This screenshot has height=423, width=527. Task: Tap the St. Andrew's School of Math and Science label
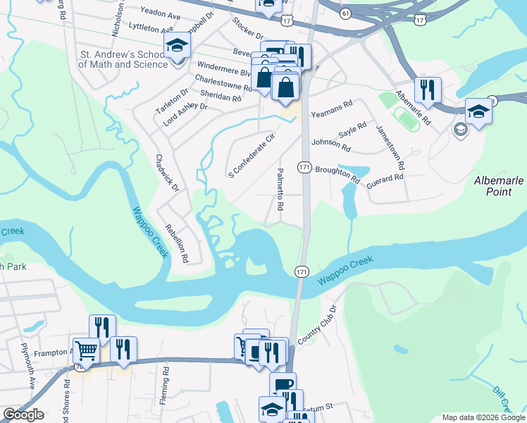pos(123,59)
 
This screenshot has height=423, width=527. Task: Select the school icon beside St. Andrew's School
pos(178,47)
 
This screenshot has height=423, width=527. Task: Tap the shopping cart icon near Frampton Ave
pos(86,350)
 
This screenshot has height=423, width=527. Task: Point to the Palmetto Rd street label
pos(280,190)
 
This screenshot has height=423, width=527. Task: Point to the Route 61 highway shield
pos(345,13)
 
